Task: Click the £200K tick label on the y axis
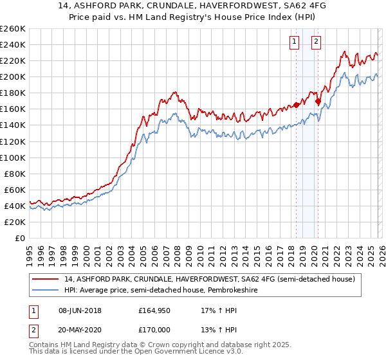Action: (12, 76)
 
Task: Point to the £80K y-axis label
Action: (14, 174)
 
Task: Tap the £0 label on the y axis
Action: (21, 238)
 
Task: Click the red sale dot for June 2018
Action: (296, 105)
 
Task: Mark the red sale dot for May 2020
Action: (318, 101)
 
